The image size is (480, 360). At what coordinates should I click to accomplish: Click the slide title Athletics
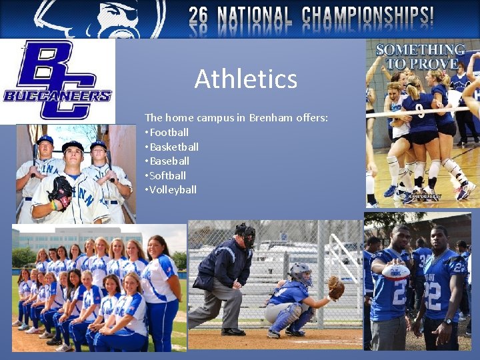click(x=245, y=79)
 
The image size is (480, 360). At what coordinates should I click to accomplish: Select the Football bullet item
click(x=169, y=132)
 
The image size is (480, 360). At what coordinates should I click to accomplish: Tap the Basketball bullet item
click(x=174, y=147)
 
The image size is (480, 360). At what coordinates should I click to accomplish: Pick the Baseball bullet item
click(x=169, y=161)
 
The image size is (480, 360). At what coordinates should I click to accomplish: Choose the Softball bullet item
click(x=167, y=175)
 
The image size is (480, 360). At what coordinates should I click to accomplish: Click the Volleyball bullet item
click(x=173, y=190)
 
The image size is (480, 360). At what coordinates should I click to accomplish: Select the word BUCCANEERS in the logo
click(x=57, y=96)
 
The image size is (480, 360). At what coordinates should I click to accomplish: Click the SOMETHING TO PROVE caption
click(x=420, y=57)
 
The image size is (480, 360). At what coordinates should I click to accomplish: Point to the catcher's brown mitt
click(x=337, y=287)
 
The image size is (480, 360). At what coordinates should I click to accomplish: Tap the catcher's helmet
click(x=301, y=272)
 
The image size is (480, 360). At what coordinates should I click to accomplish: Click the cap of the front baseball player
click(x=73, y=145)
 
